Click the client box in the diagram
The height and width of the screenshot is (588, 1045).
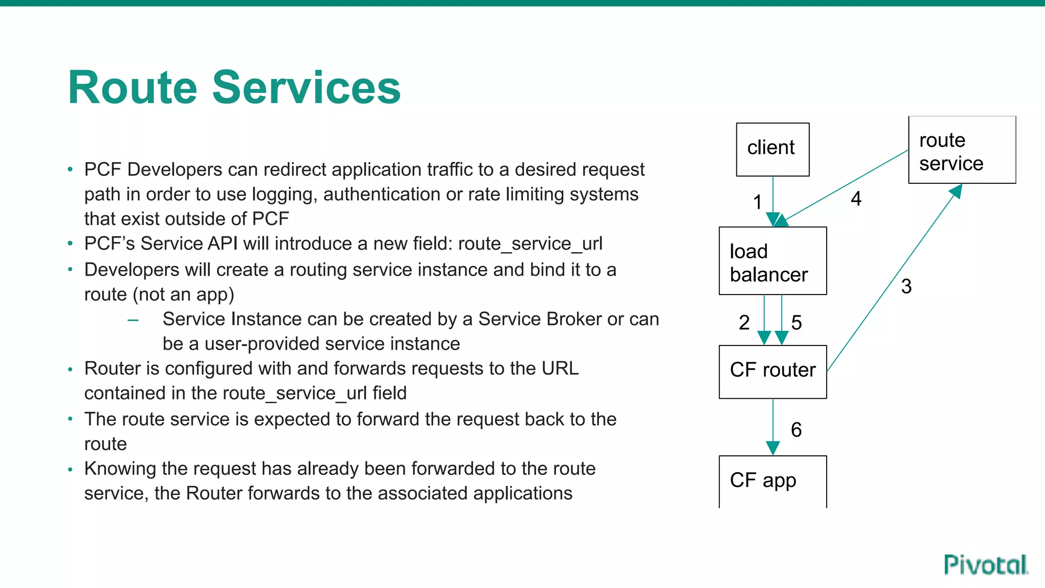773,150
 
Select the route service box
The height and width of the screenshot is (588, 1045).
962,150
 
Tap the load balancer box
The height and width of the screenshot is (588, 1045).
773,261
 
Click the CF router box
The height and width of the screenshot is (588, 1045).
773,372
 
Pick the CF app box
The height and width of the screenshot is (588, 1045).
773,481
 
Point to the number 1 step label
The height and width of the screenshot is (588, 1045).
758,202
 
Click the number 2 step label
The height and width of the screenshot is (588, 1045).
744,323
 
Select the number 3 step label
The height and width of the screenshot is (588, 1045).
906,286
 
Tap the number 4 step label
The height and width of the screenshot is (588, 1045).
856,199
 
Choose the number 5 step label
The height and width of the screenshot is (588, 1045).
797,323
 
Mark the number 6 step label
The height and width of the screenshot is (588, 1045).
796,430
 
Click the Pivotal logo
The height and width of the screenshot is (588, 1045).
986,565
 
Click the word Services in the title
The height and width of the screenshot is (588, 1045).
306,88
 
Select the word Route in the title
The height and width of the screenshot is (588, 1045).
133,88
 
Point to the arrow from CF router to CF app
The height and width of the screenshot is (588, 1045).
773,426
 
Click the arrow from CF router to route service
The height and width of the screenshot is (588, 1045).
893,278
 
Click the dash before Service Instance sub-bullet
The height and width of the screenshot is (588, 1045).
133,321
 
